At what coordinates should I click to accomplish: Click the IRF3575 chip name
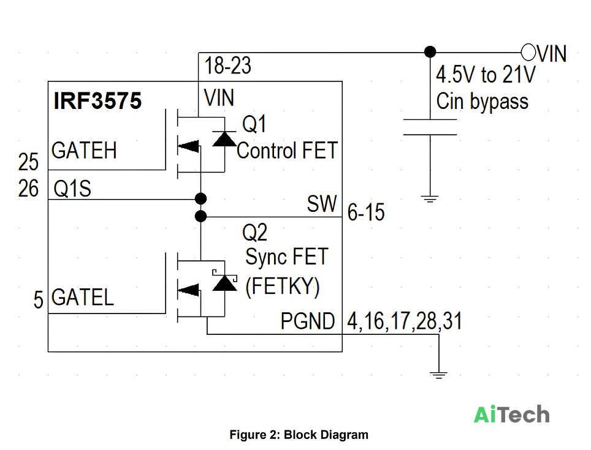coord(97,100)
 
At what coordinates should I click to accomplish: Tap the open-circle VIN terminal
coord(528,52)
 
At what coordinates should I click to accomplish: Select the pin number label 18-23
coord(227,66)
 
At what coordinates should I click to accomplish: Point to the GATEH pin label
coord(84,150)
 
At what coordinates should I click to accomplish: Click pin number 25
coord(28,162)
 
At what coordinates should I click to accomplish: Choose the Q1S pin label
coord(72,189)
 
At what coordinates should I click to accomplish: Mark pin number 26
coord(28,189)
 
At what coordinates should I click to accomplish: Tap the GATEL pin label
coord(83,297)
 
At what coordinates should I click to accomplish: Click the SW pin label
coord(322,204)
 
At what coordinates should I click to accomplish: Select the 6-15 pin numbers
coord(366,212)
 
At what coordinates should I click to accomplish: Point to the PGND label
coord(308,321)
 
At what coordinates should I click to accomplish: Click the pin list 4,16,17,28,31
coord(405,321)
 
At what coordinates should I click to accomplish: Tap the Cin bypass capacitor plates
coord(430,127)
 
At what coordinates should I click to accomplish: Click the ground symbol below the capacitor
coord(430,199)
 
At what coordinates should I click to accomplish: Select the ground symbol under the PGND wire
coord(439,375)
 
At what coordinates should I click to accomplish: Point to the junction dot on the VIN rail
coord(430,52)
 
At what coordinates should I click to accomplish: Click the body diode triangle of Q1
coord(224,139)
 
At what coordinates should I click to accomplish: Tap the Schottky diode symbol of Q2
coord(224,282)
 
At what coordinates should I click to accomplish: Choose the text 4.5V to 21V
coord(486,75)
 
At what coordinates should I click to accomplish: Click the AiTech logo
coord(511,414)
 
